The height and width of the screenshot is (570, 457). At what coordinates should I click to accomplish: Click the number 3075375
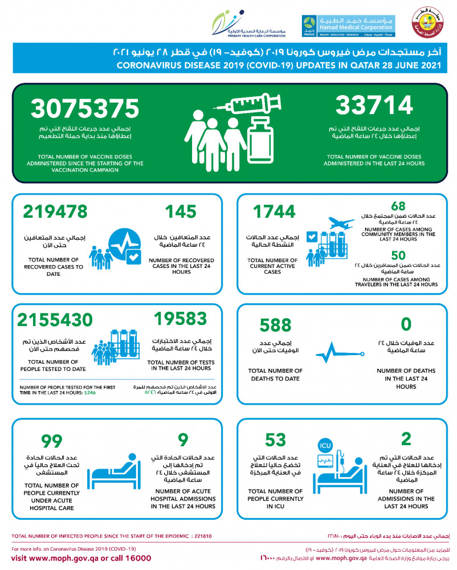point(85,108)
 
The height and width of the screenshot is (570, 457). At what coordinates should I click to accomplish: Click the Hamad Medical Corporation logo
point(348,26)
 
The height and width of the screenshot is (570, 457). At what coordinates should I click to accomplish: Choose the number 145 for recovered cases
point(181,211)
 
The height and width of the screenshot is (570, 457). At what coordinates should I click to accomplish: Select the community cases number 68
point(399,206)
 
